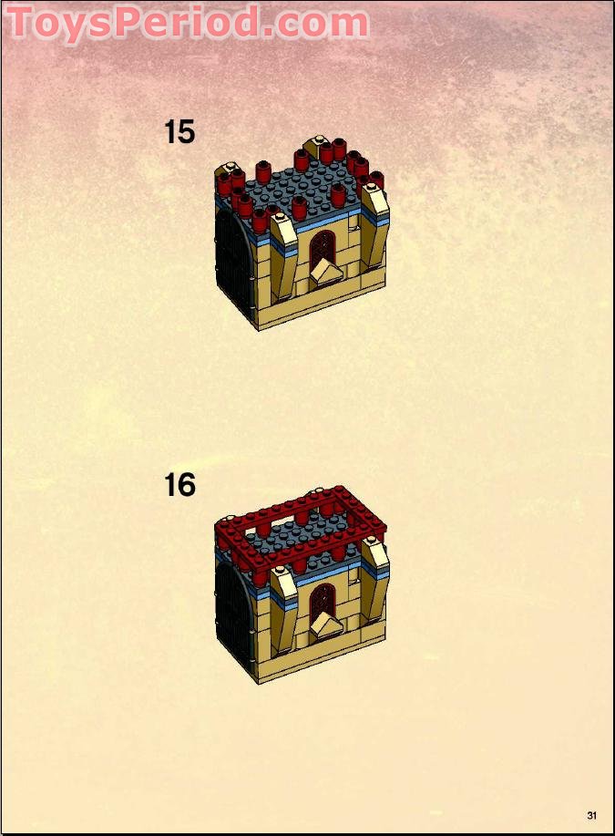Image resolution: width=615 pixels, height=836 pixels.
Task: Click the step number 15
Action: pos(179,131)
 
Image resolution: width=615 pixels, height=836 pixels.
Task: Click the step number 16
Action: pos(179,485)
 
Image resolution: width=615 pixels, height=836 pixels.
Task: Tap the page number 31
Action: pos(591,815)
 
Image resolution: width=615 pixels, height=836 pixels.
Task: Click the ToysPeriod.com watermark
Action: pos(188,23)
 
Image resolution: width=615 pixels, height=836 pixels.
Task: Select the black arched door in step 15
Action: pos(235,265)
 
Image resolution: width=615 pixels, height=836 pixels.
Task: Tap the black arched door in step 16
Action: pos(235,618)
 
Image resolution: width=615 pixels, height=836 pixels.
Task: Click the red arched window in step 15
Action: pos(322,250)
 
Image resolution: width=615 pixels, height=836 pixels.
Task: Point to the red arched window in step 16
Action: pos(322,603)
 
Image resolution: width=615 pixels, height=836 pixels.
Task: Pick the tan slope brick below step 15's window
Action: pos(326,274)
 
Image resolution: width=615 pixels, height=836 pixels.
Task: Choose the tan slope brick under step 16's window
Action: pos(326,624)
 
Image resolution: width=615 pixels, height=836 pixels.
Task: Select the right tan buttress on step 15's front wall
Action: pos(375,224)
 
